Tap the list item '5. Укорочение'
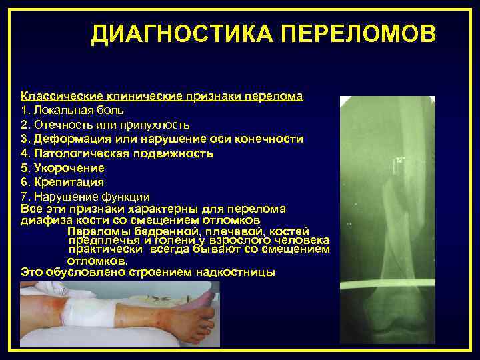point(63,167)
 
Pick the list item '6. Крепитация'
point(63,181)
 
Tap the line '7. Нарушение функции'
point(85,197)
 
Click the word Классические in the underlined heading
point(55,96)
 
